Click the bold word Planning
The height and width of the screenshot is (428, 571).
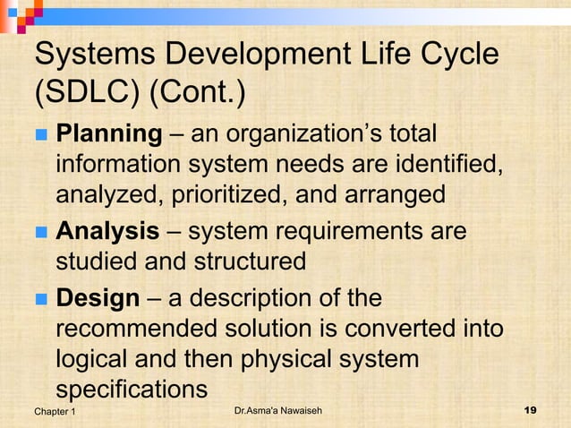(x=108, y=135)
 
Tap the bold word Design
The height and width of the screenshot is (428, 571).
(x=98, y=298)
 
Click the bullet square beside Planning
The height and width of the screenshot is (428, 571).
(x=40, y=136)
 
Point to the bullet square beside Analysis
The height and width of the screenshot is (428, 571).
(x=40, y=233)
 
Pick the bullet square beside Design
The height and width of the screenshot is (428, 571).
(x=40, y=299)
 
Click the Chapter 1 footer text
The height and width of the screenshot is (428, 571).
(x=55, y=411)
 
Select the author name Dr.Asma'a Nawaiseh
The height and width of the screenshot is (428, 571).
(x=277, y=411)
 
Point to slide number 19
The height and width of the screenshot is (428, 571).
(x=529, y=411)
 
